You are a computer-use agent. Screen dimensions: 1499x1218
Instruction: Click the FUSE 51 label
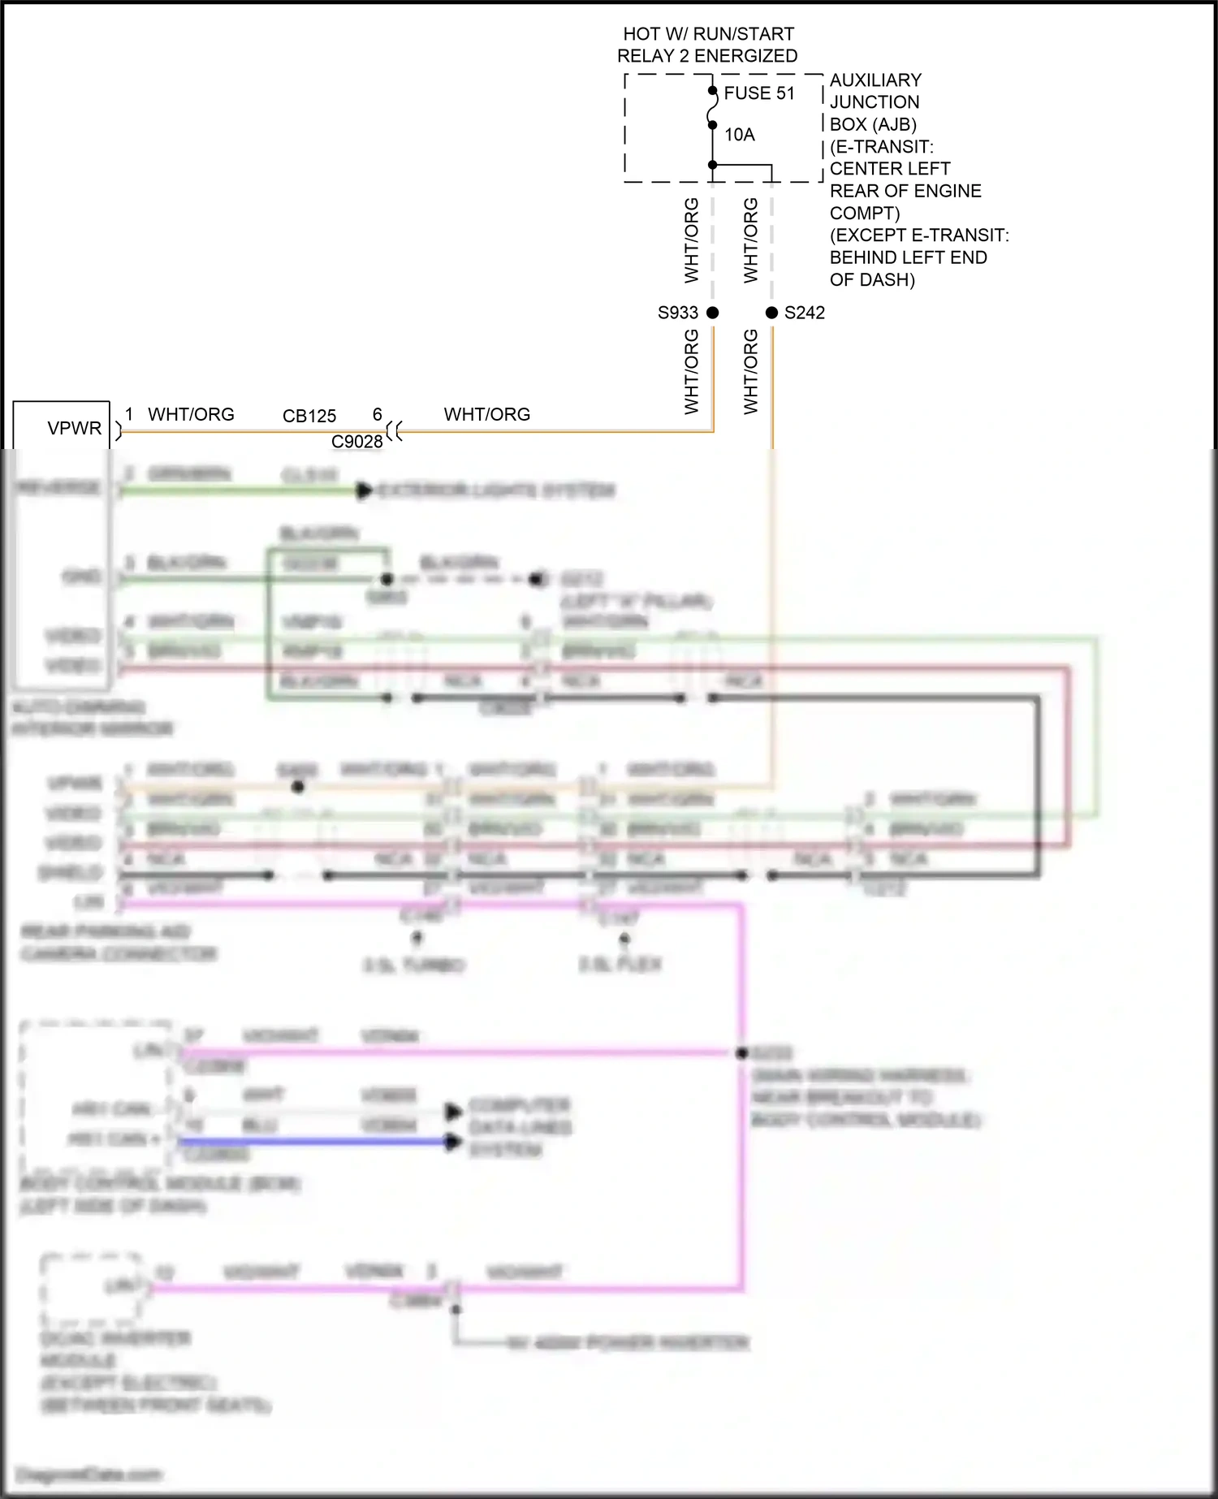[758, 93]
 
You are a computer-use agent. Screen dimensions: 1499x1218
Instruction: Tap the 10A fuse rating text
[739, 135]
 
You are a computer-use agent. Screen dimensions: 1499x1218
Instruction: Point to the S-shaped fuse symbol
[712, 108]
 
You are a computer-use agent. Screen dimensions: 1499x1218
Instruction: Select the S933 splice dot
[712, 313]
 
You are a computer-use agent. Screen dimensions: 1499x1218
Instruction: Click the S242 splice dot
[771, 313]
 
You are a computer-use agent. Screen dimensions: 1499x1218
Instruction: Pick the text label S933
[677, 313]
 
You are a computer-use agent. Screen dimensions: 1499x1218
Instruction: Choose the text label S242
[804, 313]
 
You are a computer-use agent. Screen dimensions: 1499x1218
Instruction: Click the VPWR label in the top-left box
[74, 428]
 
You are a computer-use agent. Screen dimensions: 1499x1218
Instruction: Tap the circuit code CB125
[309, 416]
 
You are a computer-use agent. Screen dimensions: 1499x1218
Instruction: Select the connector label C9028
[356, 442]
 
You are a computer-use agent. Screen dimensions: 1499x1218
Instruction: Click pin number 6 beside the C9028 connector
[377, 414]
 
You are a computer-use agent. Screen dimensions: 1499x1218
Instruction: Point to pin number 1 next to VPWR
[129, 414]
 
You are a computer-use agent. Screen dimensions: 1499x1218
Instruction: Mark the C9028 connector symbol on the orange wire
[395, 431]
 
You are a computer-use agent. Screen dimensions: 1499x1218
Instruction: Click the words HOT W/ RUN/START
[708, 34]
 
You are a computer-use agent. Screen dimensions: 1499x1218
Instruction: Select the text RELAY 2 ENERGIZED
[707, 56]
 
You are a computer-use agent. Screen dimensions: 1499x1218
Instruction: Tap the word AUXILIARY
[875, 80]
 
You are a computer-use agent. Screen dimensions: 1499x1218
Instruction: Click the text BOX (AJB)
[873, 124]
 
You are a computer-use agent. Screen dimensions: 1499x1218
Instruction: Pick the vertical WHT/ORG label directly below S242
[750, 372]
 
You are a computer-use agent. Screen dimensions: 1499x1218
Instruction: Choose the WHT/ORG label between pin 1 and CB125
[191, 414]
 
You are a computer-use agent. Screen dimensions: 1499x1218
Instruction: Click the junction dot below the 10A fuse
[712, 165]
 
